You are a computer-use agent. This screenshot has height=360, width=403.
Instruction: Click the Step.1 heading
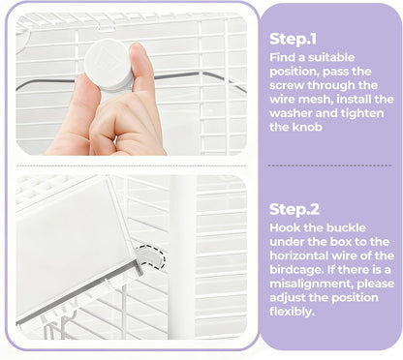pos(293,39)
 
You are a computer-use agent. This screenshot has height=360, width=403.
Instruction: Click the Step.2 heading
pos(294,209)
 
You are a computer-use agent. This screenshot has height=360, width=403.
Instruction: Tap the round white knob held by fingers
pos(108,65)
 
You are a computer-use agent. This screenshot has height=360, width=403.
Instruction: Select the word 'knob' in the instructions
pos(307,127)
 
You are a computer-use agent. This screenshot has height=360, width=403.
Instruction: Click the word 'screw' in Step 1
pos(287,85)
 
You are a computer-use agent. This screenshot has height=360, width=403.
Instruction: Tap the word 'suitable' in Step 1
pos(331,57)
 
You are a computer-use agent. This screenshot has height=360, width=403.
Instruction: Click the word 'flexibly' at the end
pos(292,312)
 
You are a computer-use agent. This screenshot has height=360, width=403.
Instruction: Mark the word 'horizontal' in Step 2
pos(298,255)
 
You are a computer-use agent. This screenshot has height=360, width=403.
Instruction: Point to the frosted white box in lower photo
pos(75,245)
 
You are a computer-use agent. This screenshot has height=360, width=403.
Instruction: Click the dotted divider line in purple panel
pos(329,165)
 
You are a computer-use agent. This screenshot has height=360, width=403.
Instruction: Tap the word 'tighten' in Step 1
pos(365,113)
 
